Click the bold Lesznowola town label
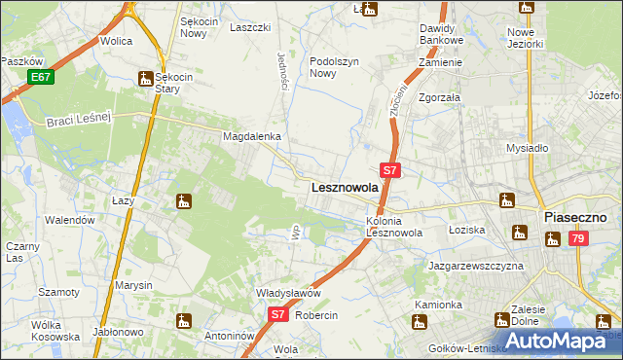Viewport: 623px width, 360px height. pyautogui.click(x=344, y=187)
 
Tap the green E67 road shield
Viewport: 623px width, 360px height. pyautogui.click(x=40, y=77)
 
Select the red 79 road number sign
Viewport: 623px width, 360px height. pyautogui.click(x=578, y=238)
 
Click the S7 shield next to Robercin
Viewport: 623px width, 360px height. pyautogui.click(x=277, y=314)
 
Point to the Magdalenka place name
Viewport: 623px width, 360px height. pyautogui.click(x=252, y=137)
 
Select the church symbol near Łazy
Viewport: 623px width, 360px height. pyautogui.click(x=183, y=202)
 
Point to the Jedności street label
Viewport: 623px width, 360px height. pyautogui.click(x=282, y=71)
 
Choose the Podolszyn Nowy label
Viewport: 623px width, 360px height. pyautogui.click(x=336, y=67)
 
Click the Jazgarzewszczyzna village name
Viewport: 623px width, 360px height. pyautogui.click(x=476, y=265)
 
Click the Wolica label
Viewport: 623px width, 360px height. pyautogui.click(x=116, y=42)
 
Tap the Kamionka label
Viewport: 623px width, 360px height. pyautogui.click(x=438, y=305)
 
